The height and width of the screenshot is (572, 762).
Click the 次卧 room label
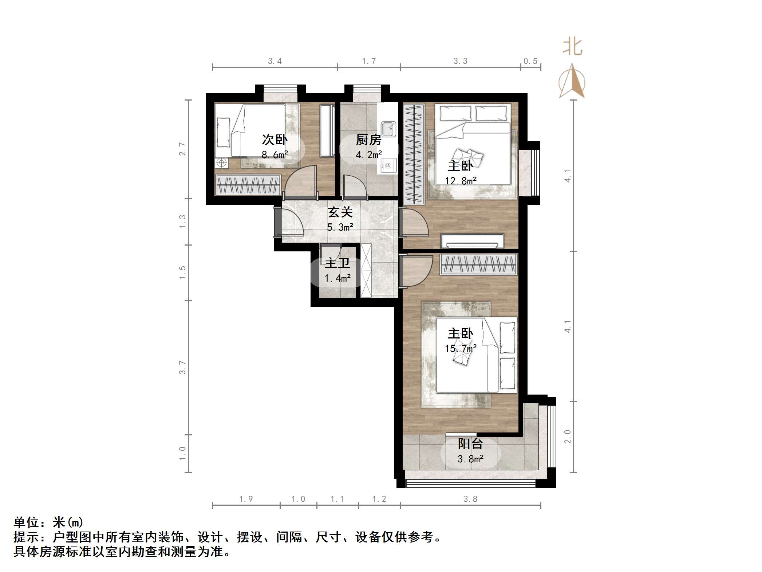coord(275,140)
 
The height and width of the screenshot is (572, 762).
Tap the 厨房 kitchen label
coord(368,140)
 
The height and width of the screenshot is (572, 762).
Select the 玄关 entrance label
coord(340,212)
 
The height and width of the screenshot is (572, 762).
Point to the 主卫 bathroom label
coord(337,263)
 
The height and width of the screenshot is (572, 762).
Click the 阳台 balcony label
coord(470,444)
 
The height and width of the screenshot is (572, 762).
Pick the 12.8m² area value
coord(461,181)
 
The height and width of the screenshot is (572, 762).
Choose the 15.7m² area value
coord(461,348)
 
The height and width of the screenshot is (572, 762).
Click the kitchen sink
coord(388,129)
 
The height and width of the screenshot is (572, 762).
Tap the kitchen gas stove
coord(387,166)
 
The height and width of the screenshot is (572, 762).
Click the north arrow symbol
coord(572,82)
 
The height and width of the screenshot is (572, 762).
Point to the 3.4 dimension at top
coord(275,61)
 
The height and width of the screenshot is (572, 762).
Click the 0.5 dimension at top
coord(530,61)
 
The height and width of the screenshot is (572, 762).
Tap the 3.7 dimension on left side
coord(182,367)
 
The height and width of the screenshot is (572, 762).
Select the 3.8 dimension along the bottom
coord(470,499)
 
